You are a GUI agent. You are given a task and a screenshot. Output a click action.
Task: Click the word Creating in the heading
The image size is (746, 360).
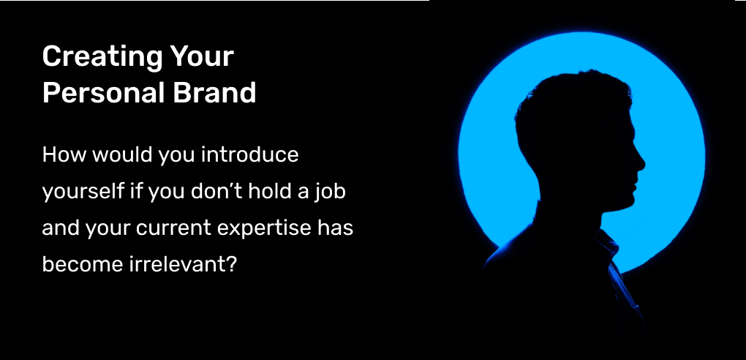point(103,57)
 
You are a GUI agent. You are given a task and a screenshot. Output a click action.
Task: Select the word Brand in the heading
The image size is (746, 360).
point(214,92)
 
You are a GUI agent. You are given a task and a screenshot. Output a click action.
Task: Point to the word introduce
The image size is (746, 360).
point(250,155)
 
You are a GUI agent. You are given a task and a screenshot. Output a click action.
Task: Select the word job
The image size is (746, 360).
point(332,192)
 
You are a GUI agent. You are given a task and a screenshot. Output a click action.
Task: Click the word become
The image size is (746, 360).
point(81,264)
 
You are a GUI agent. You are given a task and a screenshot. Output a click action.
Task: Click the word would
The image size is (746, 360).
point(121,155)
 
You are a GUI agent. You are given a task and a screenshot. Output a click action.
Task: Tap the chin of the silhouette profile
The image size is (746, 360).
point(628,203)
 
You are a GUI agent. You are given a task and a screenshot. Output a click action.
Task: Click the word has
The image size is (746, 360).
point(336,228)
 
